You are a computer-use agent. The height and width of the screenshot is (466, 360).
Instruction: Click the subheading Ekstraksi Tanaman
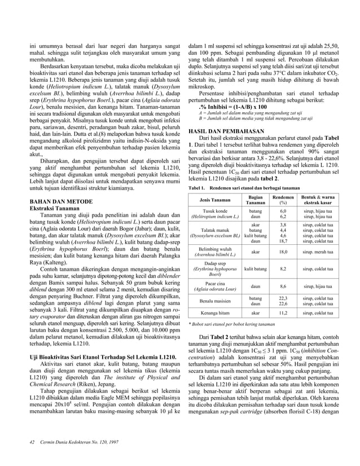point(51,209)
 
